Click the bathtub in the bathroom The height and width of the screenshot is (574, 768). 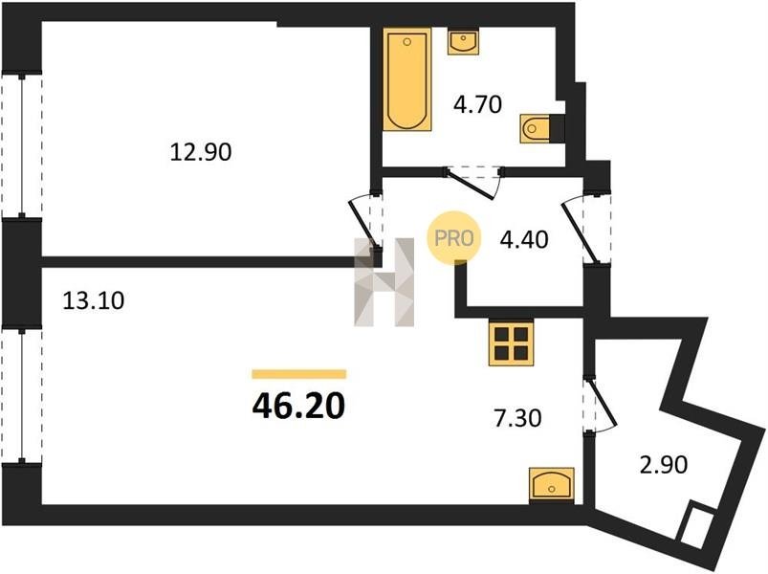(x=407, y=79)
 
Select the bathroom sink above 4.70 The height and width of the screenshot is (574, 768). (x=463, y=41)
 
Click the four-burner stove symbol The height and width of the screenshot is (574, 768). (x=511, y=343)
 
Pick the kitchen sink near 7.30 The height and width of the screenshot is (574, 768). (x=552, y=485)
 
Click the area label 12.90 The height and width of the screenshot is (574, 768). (x=201, y=152)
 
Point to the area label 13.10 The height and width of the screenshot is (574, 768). (x=94, y=300)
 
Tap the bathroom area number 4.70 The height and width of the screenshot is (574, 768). (x=478, y=105)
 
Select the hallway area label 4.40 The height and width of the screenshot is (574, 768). (x=523, y=240)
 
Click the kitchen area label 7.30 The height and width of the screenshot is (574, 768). (x=517, y=419)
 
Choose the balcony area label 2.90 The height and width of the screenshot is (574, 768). (x=664, y=464)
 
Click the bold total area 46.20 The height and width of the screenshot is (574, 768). (x=298, y=407)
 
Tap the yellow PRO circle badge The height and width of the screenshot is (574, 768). (x=454, y=238)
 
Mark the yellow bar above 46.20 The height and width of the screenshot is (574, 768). (x=299, y=375)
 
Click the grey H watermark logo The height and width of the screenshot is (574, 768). (x=384, y=282)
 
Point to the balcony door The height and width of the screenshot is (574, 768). (x=599, y=405)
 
